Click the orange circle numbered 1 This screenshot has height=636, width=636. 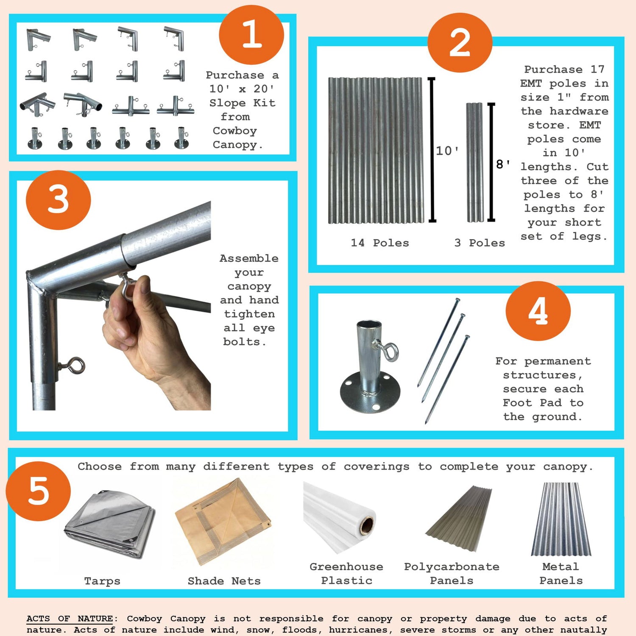(x=251, y=35)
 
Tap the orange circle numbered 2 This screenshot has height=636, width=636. (x=460, y=43)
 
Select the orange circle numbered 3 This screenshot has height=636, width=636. (x=59, y=200)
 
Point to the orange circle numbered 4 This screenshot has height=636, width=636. (x=538, y=311)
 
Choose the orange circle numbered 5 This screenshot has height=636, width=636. (x=39, y=491)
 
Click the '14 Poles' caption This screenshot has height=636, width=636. (x=379, y=243)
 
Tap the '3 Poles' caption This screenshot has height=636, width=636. (x=480, y=243)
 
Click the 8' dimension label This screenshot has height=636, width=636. (x=503, y=164)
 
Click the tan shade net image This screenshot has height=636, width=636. (x=223, y=522)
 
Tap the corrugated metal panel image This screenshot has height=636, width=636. (x=561, y=519)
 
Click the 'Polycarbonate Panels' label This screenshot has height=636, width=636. (x=452, y=573)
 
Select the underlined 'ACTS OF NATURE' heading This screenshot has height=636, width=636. (x=70, y=619)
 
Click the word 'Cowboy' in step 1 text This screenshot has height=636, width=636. (x=234, y=131)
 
